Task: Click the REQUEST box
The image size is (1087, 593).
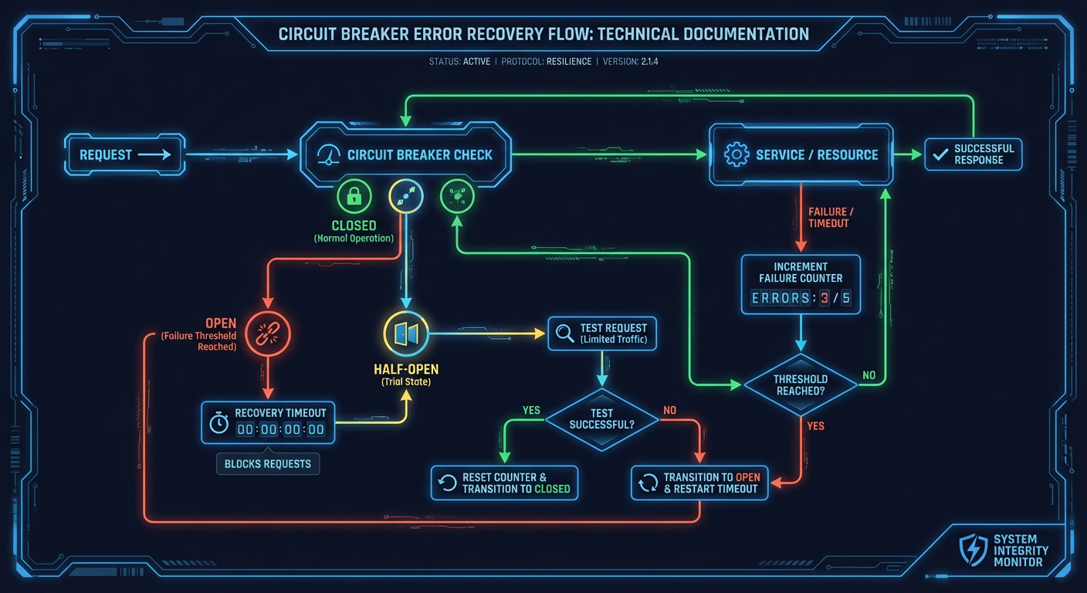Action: click(x=124, y=154)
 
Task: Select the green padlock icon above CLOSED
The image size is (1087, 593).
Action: click(x=354, y=197)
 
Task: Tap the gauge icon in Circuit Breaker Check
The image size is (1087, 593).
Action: click(x=329, y=154)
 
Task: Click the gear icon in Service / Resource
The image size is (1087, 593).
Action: click(x=737, y=154)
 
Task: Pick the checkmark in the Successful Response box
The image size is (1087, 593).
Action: click(x=940, y=154)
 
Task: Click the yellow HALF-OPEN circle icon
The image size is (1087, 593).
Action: click(x=405, y=334)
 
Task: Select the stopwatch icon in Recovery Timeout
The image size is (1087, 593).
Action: click(x=219, y=422)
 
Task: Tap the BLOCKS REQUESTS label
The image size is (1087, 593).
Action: click(x=268, y=464)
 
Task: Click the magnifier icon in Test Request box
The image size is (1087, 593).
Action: click(x=565, y=334)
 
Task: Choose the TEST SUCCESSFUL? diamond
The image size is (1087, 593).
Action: click(x=602, y=419)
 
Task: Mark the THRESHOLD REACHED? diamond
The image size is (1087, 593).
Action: click(x=801, y=385)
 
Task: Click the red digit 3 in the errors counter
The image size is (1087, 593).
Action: click(x=825, y=299)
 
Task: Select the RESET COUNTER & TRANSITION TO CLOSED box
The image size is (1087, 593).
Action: click(x=504, y=483)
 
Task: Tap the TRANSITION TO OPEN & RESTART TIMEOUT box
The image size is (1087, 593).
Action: click(x=699, y=483)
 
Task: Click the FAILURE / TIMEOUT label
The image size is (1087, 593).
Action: click(x=828, y=217)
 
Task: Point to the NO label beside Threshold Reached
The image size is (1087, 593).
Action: click(x=869, y=375)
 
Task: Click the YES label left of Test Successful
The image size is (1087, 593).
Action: click(x=531, y=410)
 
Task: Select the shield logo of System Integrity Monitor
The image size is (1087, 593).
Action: click(x=973, y=550)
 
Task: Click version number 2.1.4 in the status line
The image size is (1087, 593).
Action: click(x=648, y=61)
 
